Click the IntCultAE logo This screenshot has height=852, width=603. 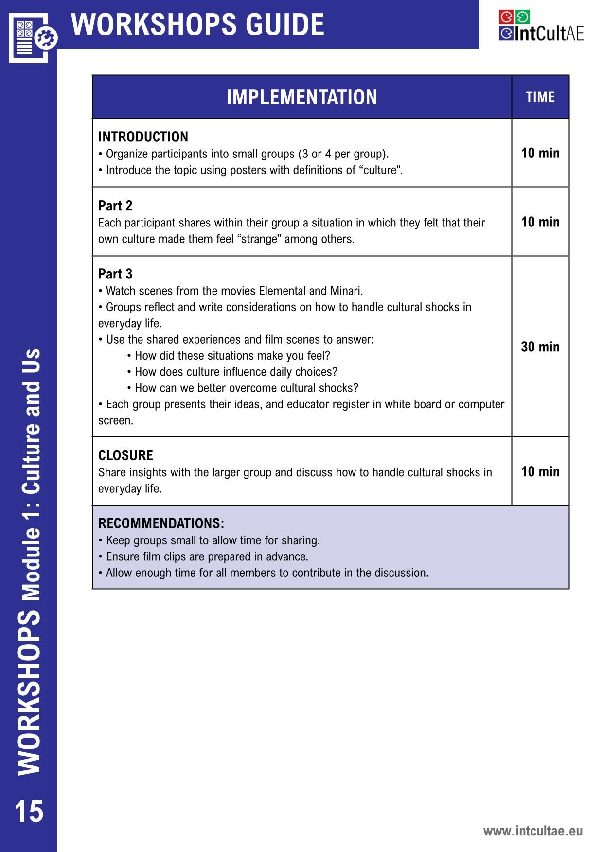click(x=540, y=26)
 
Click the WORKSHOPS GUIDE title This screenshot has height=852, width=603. click(x=198, y=24)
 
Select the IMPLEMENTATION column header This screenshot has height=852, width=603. click(x=301, y=97)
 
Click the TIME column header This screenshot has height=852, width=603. click(x=540, y=97)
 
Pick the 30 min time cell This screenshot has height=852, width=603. click(x=540, y=347)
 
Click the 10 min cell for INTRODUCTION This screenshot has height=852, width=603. click(x=540, y=153)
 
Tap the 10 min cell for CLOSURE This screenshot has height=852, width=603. click(x=540, y=471)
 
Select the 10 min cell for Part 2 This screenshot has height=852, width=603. click(x=540, y=222)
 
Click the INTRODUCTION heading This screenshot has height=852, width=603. click(x=143, y=137)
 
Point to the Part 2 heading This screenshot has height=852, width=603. click(x=115, y=206)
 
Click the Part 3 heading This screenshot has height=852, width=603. click(x=115, y=274)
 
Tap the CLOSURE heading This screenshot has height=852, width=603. click(x=125, y=455)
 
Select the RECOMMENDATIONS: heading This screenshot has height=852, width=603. click(x=161, y=523)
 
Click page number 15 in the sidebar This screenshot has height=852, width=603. click(x=29, y=811)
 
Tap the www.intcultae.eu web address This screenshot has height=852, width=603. click(x=532, y=831)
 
